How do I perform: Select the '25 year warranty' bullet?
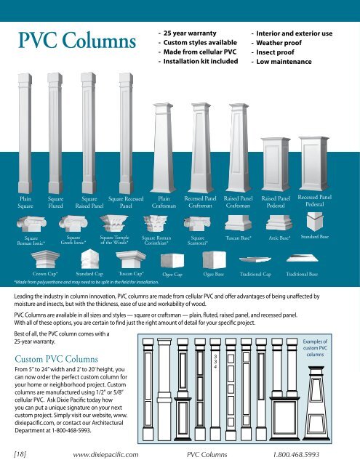tap(193, 33)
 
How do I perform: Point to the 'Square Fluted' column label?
tap(55, 201)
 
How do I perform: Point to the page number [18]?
tap(23, 452)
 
